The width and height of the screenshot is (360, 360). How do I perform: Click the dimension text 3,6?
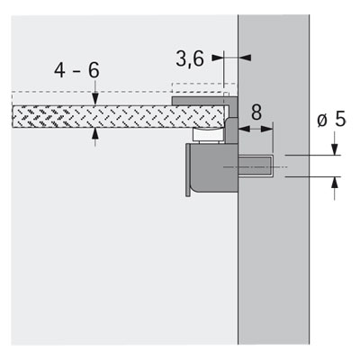point(190,58)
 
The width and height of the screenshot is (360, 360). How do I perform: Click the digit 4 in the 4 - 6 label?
point(59,71)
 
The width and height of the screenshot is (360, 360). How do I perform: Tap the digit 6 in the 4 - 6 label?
point(94,71)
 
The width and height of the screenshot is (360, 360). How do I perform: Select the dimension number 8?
point(256,112)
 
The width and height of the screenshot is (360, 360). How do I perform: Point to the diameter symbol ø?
point(322,121)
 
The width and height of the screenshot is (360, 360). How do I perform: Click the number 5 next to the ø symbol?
point(340,119)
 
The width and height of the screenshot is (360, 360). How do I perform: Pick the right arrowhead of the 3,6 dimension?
point(245,58)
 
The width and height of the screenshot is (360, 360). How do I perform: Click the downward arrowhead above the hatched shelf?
point(95,99)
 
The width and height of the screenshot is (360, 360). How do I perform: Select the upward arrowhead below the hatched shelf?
point(95,135)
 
